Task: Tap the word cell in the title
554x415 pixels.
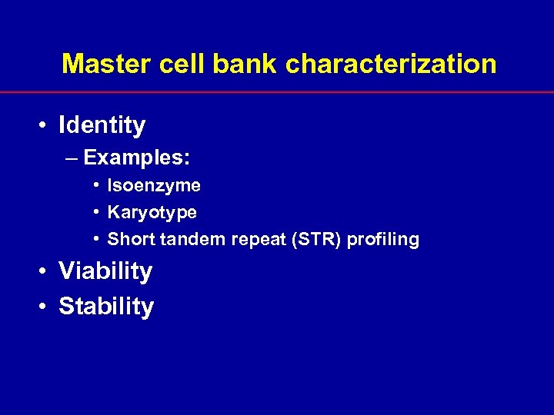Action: tap(182, 64)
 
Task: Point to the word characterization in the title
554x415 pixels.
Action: tap(392, 64)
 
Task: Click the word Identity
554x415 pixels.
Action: tap(102, 124)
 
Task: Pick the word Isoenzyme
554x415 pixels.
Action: tap(154, 185)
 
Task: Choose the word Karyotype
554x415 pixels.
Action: tap(152, 212)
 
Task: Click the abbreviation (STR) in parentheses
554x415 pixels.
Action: tap(313, 240)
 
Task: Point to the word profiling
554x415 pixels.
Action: tap(382, 240)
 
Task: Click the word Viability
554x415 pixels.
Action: tap(105, 271)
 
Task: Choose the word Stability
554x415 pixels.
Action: tap(106, 307)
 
